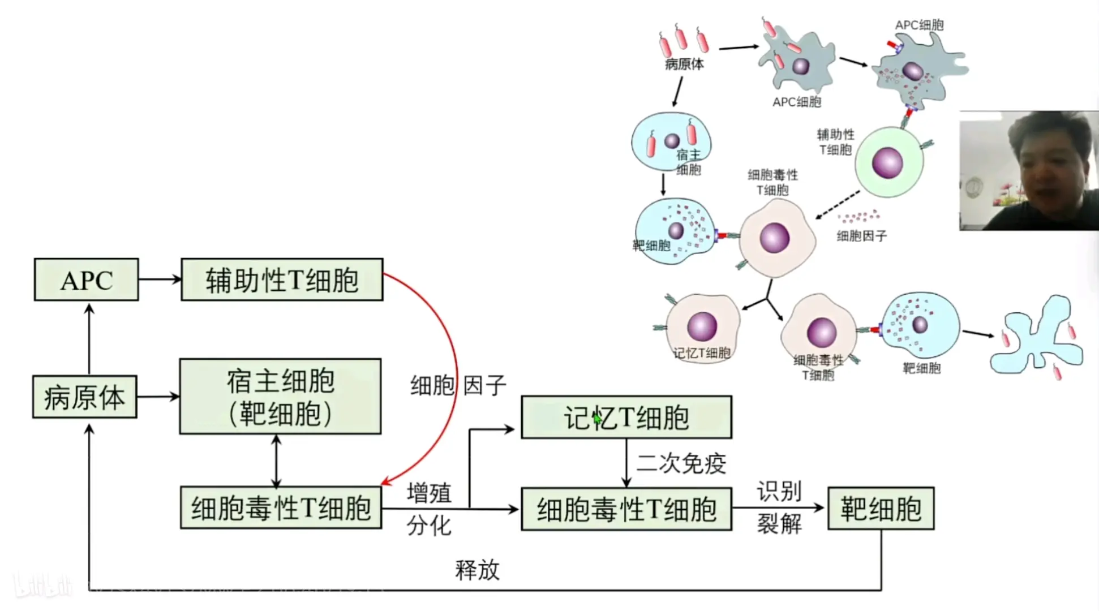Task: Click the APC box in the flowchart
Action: pos(86,280)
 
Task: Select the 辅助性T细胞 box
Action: pos(282,280)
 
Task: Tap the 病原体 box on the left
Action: pos(84,397)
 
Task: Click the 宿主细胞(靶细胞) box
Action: pos(280,397)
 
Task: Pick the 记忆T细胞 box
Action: pos(626,418)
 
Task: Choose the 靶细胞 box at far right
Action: pos(881,509)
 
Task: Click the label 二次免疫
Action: pos(681,463)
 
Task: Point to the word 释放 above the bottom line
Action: pos(477,570)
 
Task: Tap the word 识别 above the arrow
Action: pos(779,491)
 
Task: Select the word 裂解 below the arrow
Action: pos(779,524)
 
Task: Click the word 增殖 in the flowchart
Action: pos(429,493)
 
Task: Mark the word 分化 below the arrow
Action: pos(429,526)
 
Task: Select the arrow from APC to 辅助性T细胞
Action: pos(160,279)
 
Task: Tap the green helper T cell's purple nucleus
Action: pos(887,162)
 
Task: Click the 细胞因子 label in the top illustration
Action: pos(861,236)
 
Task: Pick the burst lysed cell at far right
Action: pos(1036,337)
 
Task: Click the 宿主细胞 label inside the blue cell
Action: pos(688,162)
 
